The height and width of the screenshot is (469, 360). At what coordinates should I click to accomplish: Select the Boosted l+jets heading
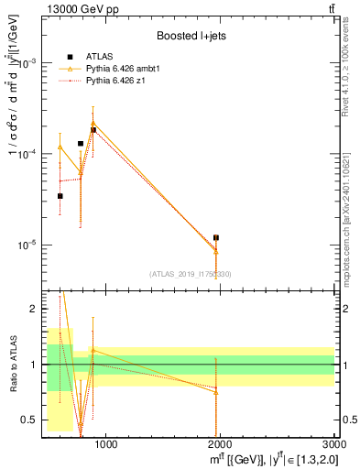191,36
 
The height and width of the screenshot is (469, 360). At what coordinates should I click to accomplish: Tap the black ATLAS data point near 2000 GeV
216,238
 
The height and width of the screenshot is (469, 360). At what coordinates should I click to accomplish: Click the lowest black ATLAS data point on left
60,196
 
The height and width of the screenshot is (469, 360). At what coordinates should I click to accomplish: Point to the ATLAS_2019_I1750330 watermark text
191,274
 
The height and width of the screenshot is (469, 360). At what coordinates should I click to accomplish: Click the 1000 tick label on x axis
106,445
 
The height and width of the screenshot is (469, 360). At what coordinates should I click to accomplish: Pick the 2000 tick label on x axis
221,445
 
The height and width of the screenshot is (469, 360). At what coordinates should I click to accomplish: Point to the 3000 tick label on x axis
333,445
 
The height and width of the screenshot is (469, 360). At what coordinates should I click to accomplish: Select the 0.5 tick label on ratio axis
30,420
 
